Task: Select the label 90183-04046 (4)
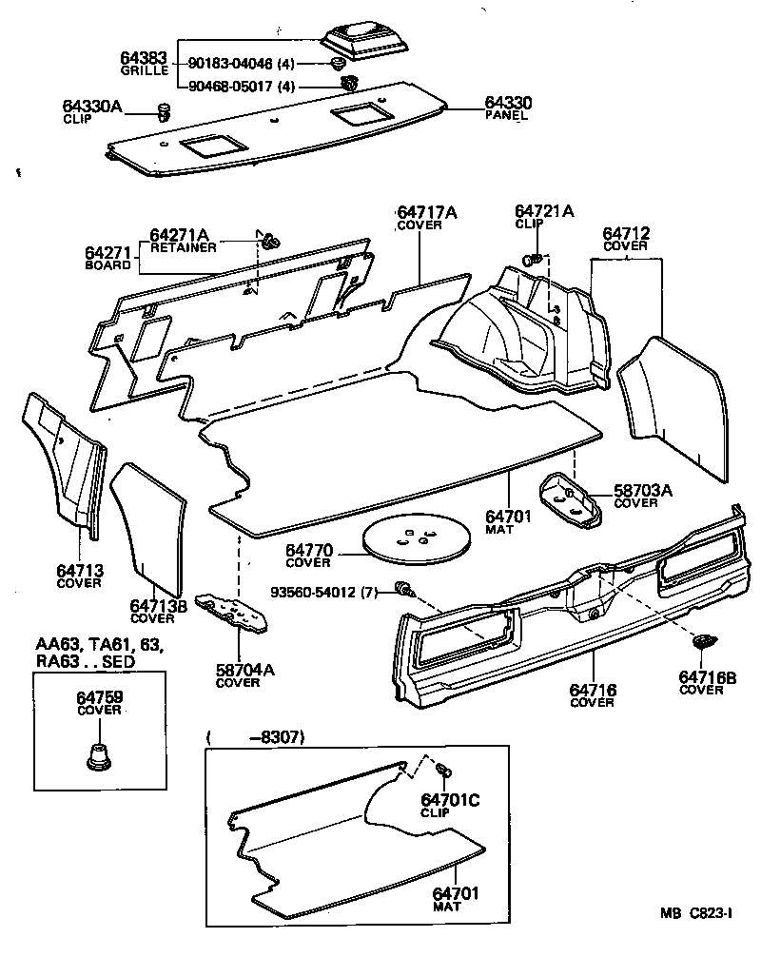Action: [243, 64]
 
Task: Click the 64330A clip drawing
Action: [163, 113]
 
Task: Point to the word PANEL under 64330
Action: [506, 115]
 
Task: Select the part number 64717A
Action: [426, 212]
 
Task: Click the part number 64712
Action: [626, 233]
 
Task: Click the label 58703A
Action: [641, 490]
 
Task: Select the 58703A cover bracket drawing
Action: [568, 497]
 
